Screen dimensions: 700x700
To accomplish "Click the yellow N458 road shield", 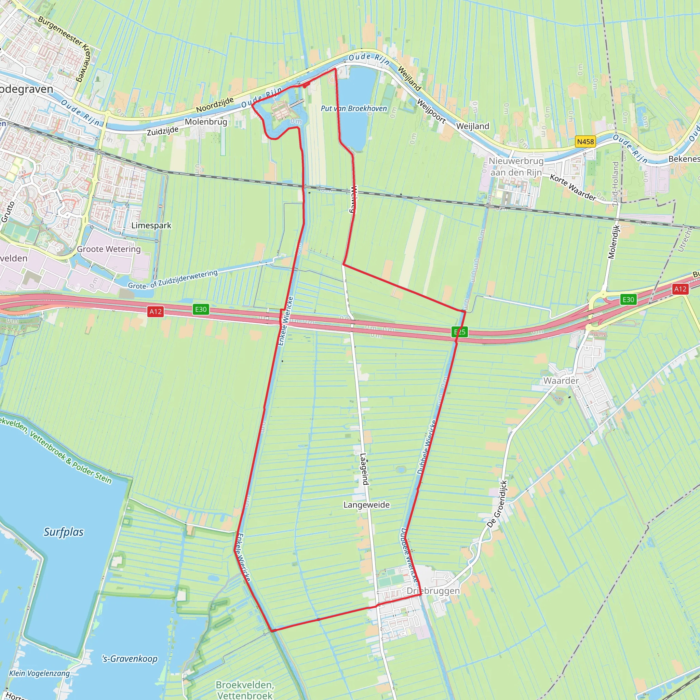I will pos(585,142).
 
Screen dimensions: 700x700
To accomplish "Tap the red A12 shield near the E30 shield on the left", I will pos(156,311).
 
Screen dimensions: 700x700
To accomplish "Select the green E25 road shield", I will pos(459,332).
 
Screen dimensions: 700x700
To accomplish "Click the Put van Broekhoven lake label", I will pos(354,108).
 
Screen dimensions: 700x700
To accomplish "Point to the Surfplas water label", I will pos(64,532).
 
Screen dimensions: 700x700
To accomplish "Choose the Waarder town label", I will pos(561,380).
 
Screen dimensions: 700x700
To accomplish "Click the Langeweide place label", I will pos(366,505).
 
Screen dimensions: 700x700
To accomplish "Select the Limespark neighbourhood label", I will pos(151,225).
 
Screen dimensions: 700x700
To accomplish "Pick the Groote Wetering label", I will pos(109,249).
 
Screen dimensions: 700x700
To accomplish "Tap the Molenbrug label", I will pos(206,122).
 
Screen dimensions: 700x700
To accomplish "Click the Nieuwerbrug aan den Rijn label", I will pos(516,166).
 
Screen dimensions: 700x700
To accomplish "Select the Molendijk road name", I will pos(614,242).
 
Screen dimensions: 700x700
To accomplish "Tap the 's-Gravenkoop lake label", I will pos(130,658).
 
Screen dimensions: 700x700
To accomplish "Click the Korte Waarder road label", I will pos(573,187).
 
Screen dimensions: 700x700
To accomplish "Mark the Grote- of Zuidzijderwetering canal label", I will pos(173,279).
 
